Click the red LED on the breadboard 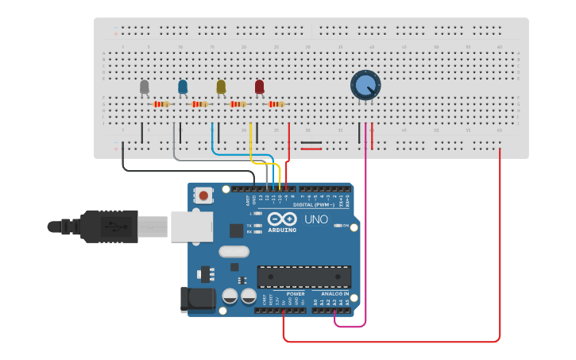259,86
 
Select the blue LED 183,86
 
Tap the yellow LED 221,86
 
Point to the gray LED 144,86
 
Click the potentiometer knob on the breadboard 365,85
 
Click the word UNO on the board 316,219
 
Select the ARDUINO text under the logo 281,230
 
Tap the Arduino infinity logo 281,219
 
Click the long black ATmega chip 303,277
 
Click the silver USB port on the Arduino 191,226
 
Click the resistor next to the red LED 276,104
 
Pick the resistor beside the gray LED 161,104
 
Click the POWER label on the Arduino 296,294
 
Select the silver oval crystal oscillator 234,253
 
